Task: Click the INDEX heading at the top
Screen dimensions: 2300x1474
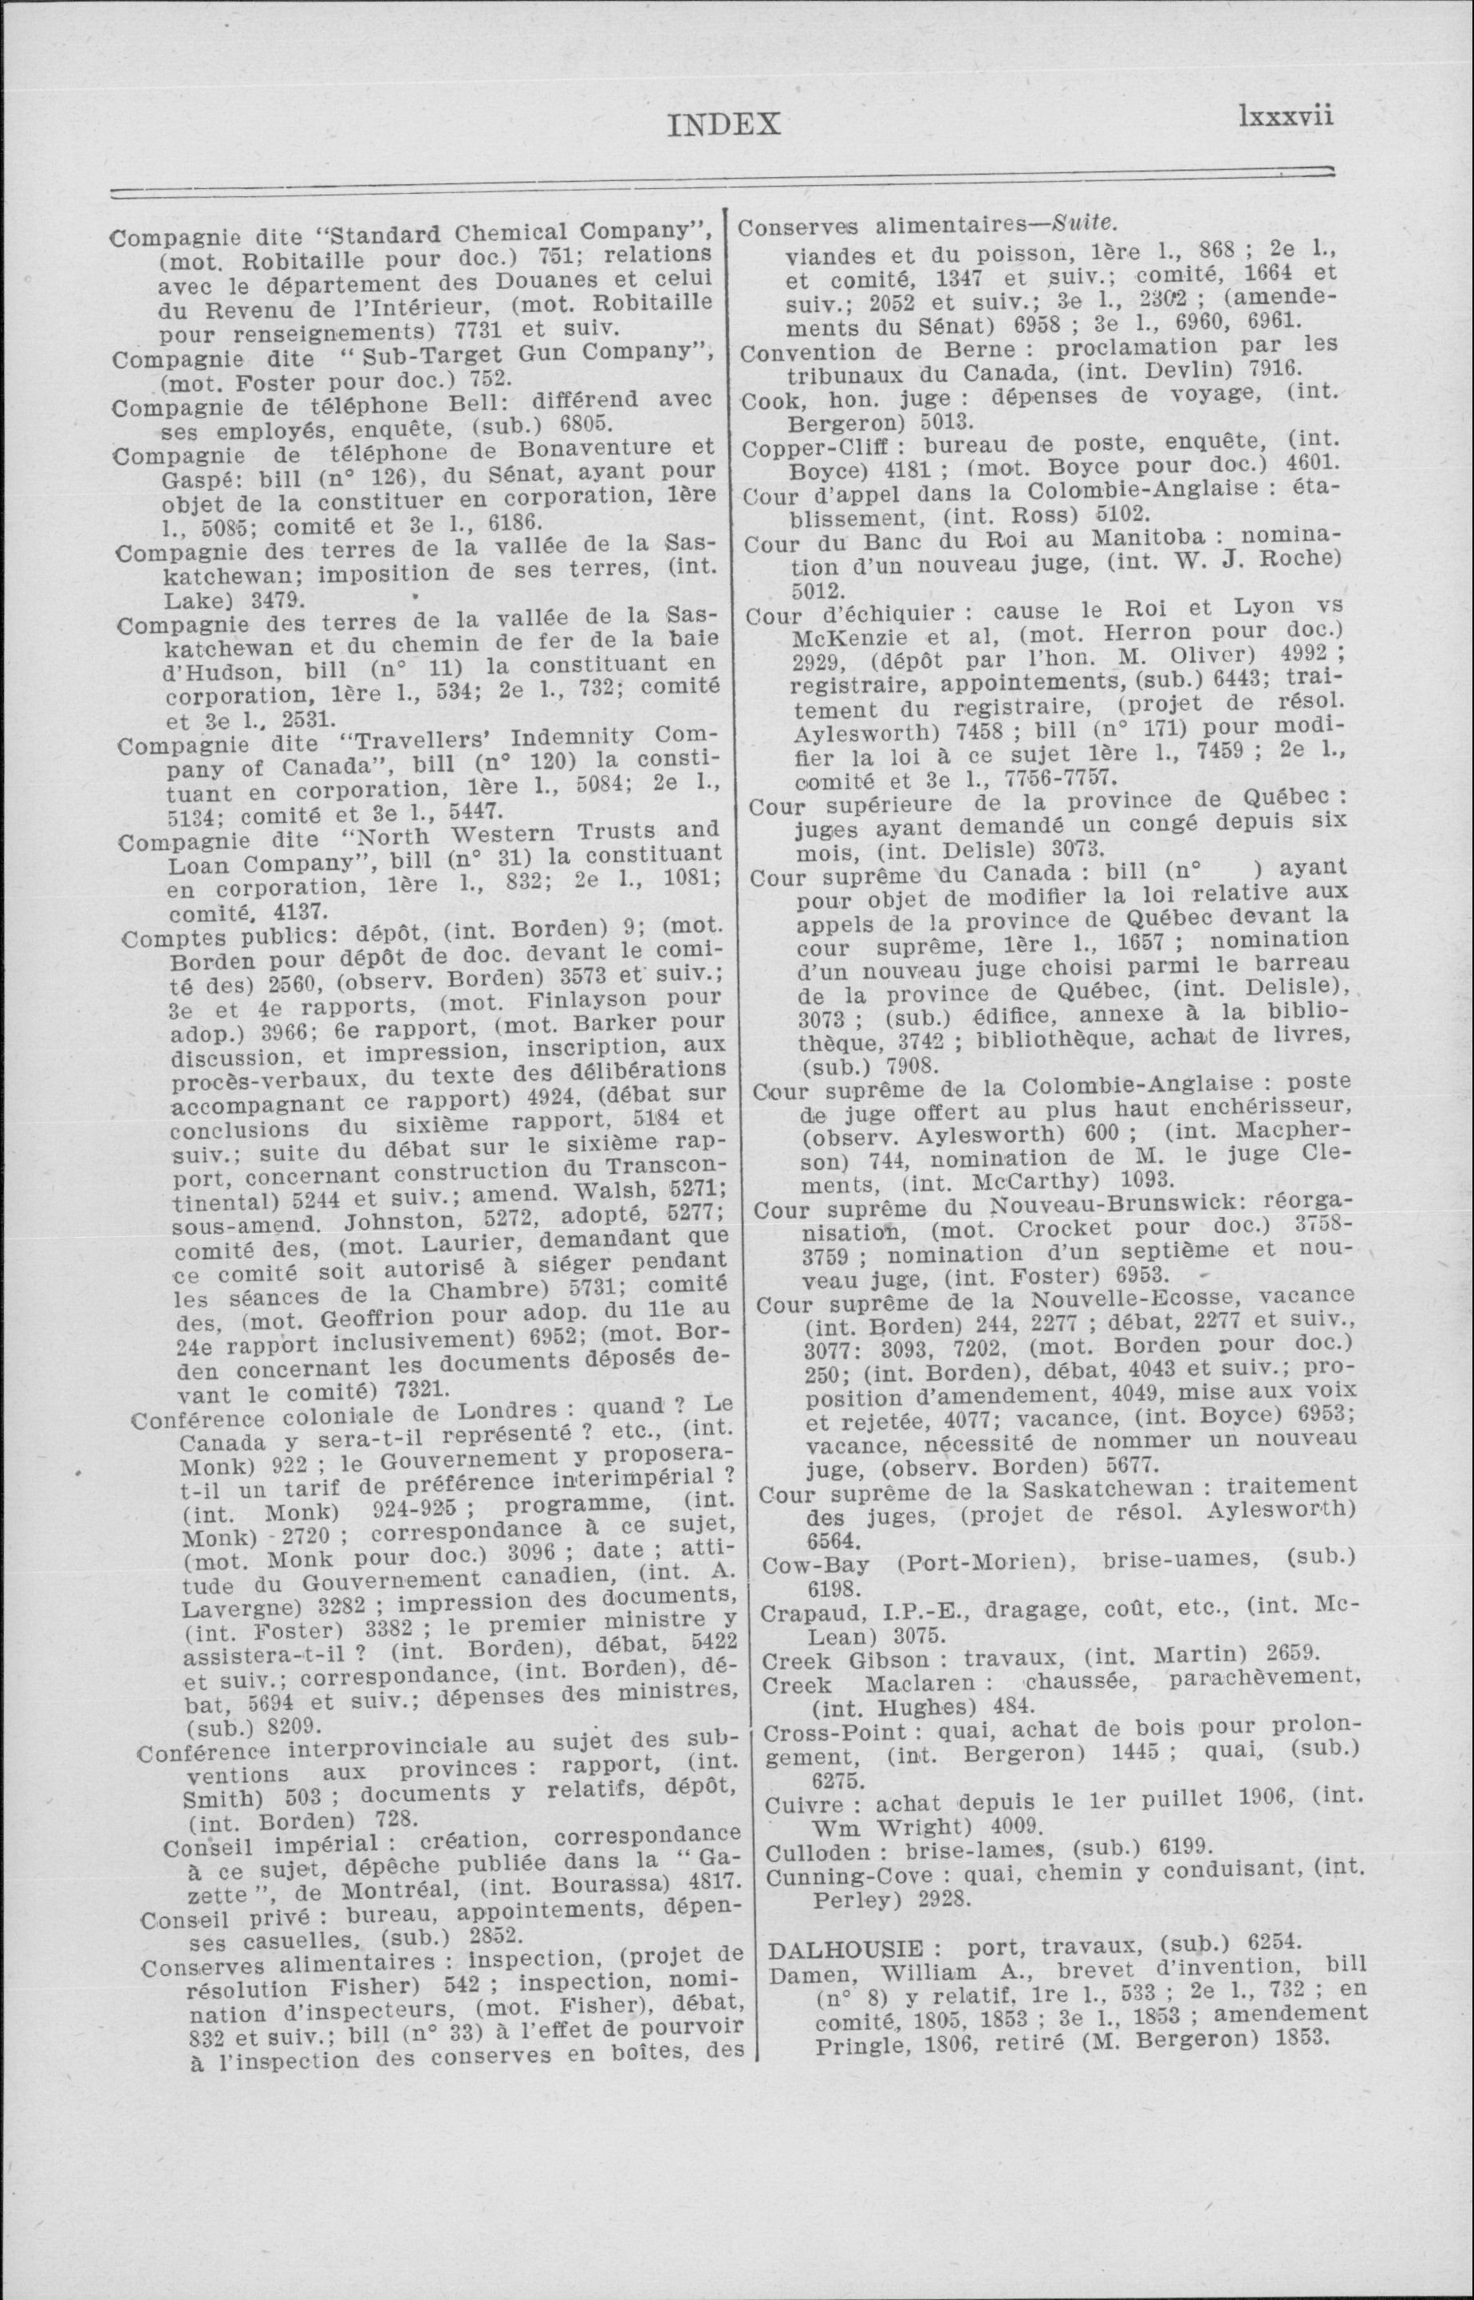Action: [724, 124]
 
